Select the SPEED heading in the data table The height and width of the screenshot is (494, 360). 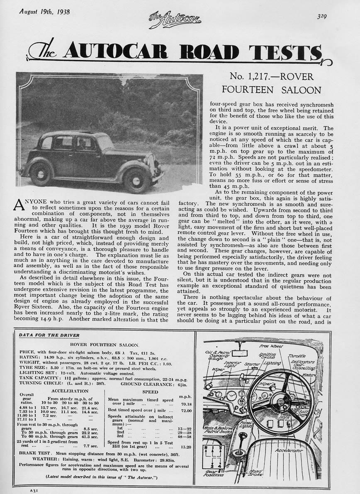pos(149,392)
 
